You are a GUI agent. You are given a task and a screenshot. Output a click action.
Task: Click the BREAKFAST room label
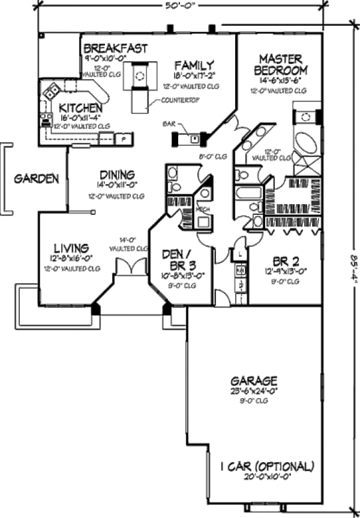(115, 49)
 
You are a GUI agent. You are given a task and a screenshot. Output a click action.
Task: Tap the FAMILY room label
(194, 65)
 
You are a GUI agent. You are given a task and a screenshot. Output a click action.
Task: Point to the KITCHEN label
(80, 108)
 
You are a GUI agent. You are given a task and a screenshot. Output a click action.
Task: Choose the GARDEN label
(37, 178)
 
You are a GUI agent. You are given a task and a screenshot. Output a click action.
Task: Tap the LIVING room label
(72, 247)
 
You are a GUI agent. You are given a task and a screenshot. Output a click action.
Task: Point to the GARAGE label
(254, 381)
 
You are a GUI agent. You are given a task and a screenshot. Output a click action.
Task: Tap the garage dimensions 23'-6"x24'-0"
(254, 391)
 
